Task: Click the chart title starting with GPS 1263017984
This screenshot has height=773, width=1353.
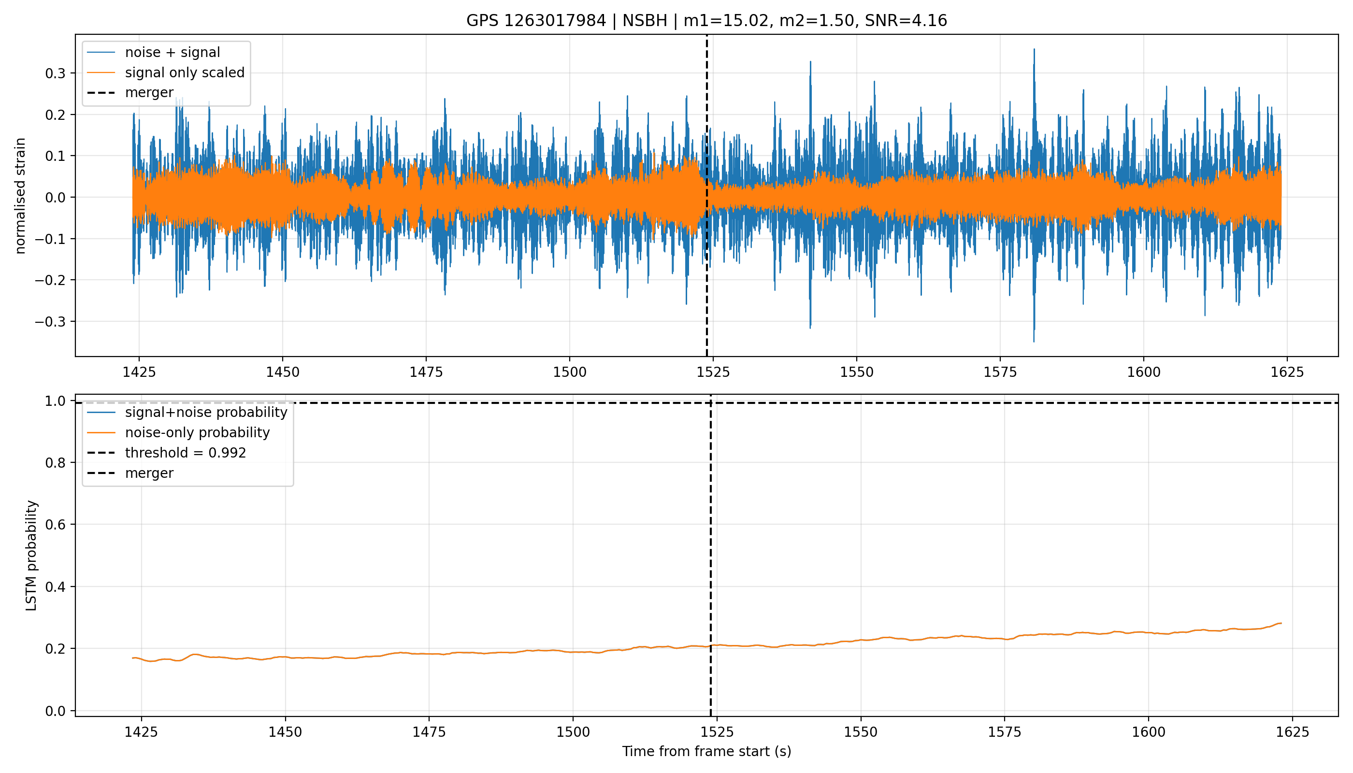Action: click(706, 20)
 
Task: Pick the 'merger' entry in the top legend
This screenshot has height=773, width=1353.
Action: click(130, 92)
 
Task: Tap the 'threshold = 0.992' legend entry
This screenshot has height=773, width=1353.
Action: click(167, 453)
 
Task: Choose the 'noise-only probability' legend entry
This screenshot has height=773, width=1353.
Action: click(179, 433)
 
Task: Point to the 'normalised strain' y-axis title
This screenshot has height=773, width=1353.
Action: click(20, 196)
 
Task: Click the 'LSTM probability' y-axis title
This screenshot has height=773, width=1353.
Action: click(31, 555)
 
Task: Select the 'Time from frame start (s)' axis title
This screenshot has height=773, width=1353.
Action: click(707, 751)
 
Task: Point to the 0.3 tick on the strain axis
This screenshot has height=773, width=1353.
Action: click(55, 73)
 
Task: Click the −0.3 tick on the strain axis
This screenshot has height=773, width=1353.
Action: click(50, 322)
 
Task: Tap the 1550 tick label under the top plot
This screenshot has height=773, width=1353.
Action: click(857, 372)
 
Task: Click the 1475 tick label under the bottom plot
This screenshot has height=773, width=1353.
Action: click(429, 732)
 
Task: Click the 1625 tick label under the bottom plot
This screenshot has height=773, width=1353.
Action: click(1292, 732)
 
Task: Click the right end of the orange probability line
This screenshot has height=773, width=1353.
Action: click(1281, 623)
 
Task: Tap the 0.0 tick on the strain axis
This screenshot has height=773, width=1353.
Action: click(55, 198)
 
